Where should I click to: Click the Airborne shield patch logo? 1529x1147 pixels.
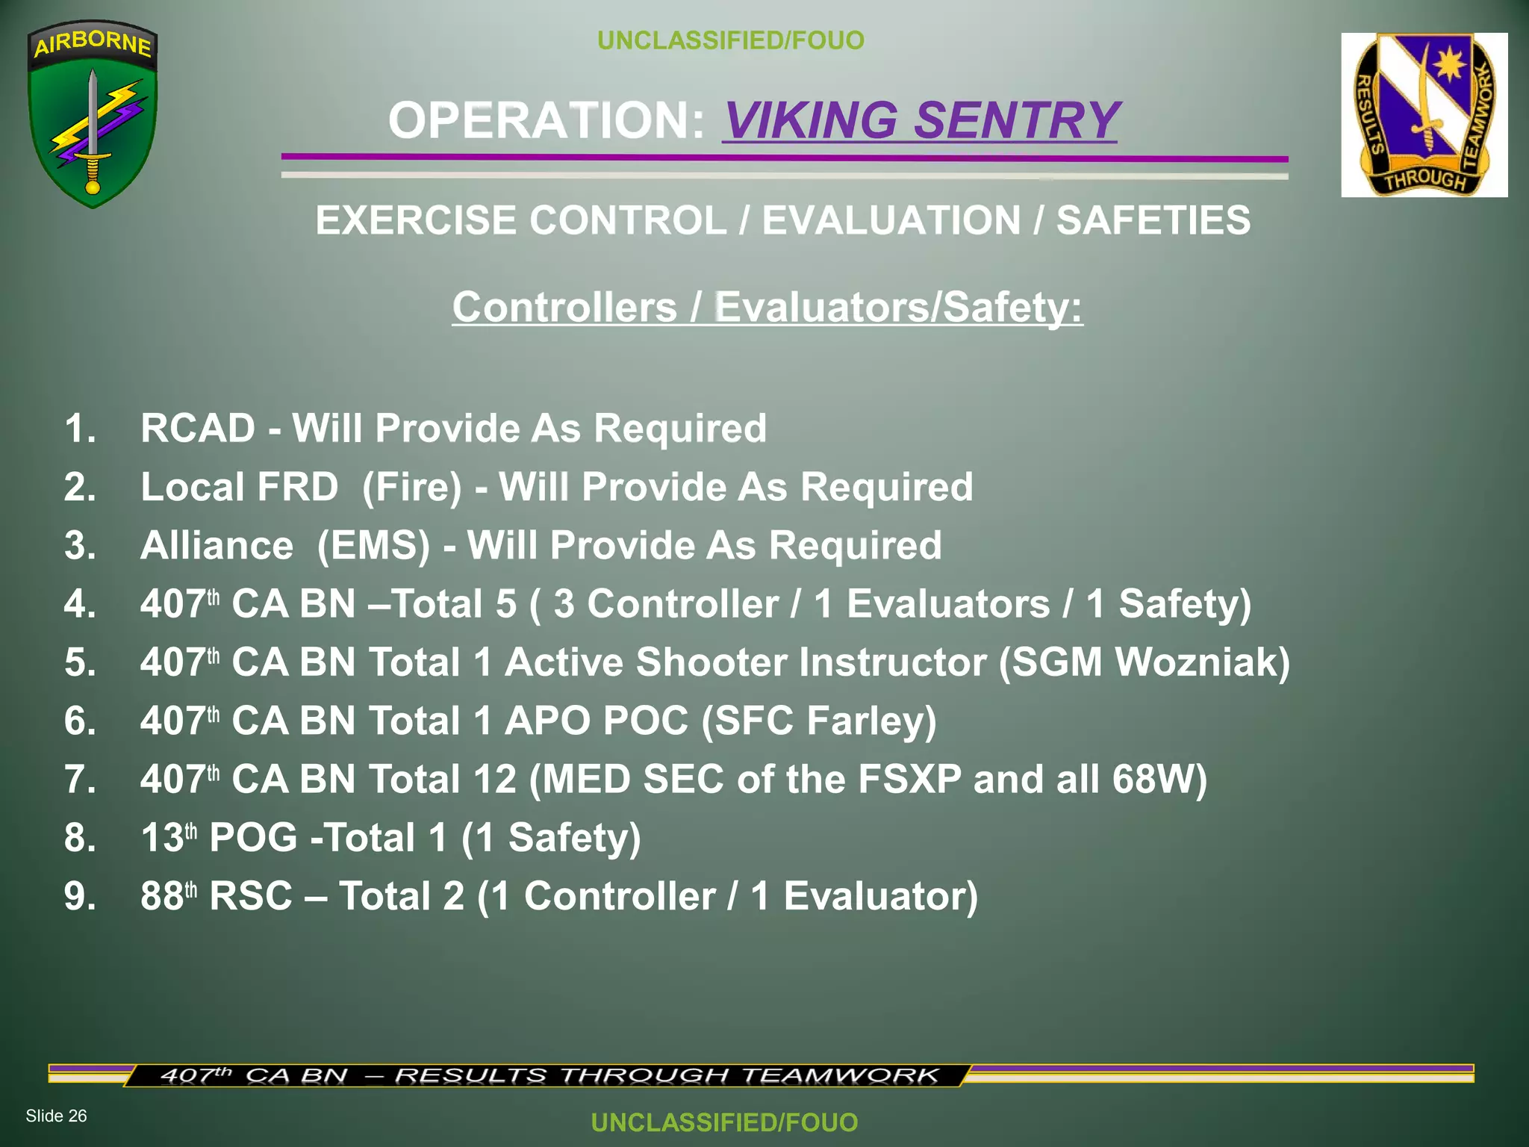pyautogui.click(x=92, y=114)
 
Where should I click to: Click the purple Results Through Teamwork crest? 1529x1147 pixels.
pyautogui.click(x=1424, y=114)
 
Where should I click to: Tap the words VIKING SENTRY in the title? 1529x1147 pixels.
pyautogui.click(x=920, y=120)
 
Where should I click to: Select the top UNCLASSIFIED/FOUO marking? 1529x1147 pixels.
pyautogui.click(x=730, y=40)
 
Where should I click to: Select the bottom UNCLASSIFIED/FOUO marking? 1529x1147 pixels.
pyautogui.click(x=724, y=1122)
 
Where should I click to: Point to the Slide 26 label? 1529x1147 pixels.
pyautogui.click(x=56, y=1116)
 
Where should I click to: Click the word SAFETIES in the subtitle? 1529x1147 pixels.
pyautogui.click(x=1153, y=221)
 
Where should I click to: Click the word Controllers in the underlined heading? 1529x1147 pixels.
pyautogui.click(x=564, y=308)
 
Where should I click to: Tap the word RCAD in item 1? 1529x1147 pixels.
pyautogui.click(x=198, y=429)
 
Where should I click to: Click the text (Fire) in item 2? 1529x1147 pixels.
pyautogui.click(x=412, y=488)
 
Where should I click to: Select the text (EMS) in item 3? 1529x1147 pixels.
pyautogui.click(x=373, y=546)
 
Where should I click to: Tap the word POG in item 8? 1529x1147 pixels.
pyautogui.click(x=253, y=838)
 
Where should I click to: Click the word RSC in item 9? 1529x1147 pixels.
pyautogui.click(x=251, y=896)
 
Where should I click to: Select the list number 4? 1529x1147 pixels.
pyautogui.click(x=80, y=604)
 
